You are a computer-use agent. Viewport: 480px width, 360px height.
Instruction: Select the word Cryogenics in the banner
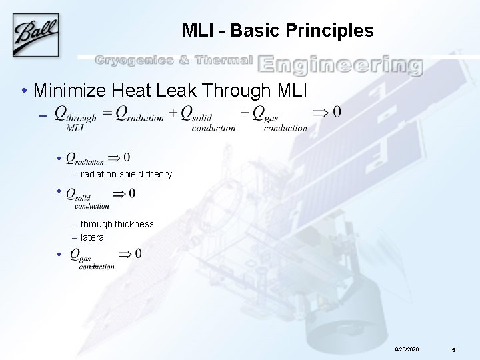coord(133,61)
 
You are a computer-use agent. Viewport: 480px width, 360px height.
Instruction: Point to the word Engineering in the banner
coord(340,65)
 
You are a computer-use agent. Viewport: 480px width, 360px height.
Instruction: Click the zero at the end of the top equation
coord(337,112)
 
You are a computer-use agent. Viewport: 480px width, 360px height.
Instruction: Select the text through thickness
coord(117,224)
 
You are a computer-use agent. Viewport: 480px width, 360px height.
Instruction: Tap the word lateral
coord(93,237)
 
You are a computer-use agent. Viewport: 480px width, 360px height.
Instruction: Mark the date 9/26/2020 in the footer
coord(407,349)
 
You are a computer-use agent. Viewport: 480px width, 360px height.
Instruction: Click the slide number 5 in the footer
coord(453,349)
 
